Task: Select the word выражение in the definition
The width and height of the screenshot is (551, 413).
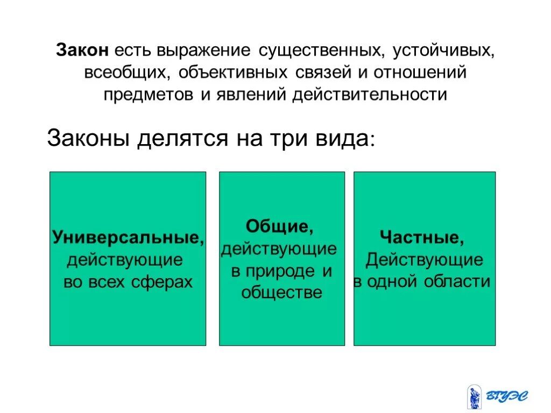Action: tap(203, 51)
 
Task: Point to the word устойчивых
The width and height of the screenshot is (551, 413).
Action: tap(442, 51)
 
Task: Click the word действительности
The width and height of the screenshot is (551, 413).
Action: tap(370, 94)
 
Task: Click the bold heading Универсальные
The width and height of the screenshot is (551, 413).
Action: tap(128, 238)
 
